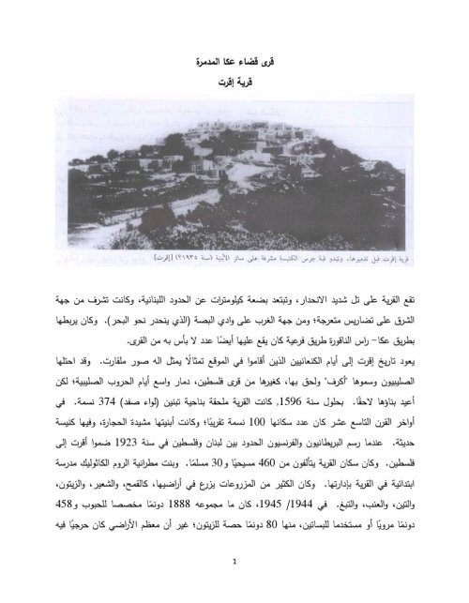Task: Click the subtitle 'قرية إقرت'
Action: (234, 92)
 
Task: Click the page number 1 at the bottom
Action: (234, 562)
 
